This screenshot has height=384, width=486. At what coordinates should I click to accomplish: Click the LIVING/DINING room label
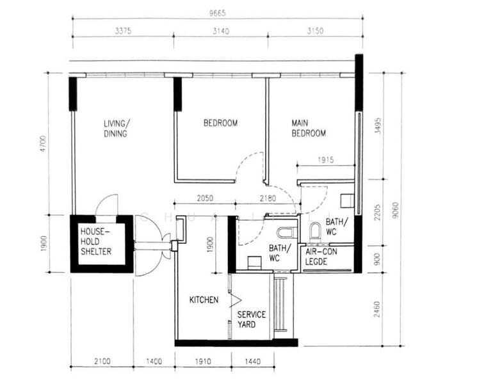pos(117,128)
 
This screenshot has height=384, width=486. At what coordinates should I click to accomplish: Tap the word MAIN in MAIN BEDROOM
pos(302,123)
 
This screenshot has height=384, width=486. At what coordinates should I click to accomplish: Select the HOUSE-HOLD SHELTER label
pos(95,241)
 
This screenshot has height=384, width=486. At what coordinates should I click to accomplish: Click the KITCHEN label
pos(204,300)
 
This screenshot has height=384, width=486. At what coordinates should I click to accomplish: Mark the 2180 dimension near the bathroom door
pos(267,198)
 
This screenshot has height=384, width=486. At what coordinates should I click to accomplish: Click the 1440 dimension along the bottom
pos(252,362)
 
